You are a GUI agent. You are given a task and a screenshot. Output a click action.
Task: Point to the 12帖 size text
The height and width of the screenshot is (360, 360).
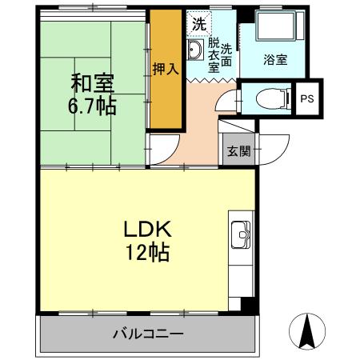point(146,254)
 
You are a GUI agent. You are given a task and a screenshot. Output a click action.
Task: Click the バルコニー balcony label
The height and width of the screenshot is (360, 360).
point(147,333)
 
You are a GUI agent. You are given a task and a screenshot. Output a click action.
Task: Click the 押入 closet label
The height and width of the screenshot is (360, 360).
point(165,70)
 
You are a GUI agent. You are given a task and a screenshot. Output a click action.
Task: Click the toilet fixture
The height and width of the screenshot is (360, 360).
point(268,99)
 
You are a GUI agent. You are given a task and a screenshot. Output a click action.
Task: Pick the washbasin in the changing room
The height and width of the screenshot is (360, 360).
point(195,53)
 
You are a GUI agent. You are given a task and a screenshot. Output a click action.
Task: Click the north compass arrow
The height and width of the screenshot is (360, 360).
point(307,330)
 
